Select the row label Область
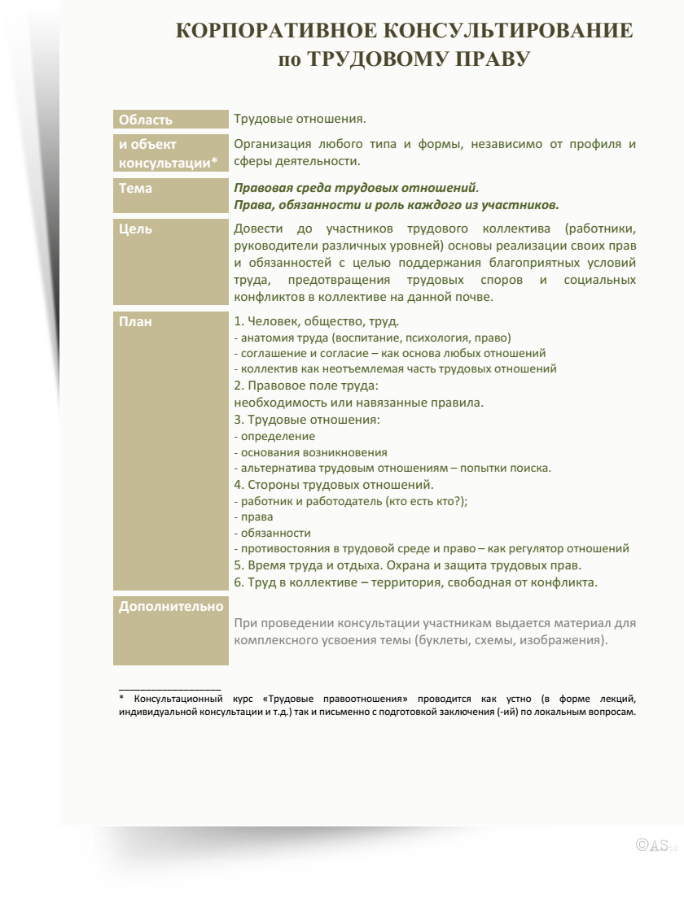coord(146,120)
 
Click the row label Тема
coord(136,188)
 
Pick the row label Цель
coord(136,229)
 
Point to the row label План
coord(136,321)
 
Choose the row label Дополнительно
coord(171,606)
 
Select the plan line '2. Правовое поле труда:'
coord(306,386)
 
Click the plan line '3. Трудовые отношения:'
coord(307,420)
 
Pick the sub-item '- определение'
coord(274,436)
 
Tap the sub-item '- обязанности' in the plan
coord(272,533)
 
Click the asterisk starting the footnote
coord(121,699)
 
